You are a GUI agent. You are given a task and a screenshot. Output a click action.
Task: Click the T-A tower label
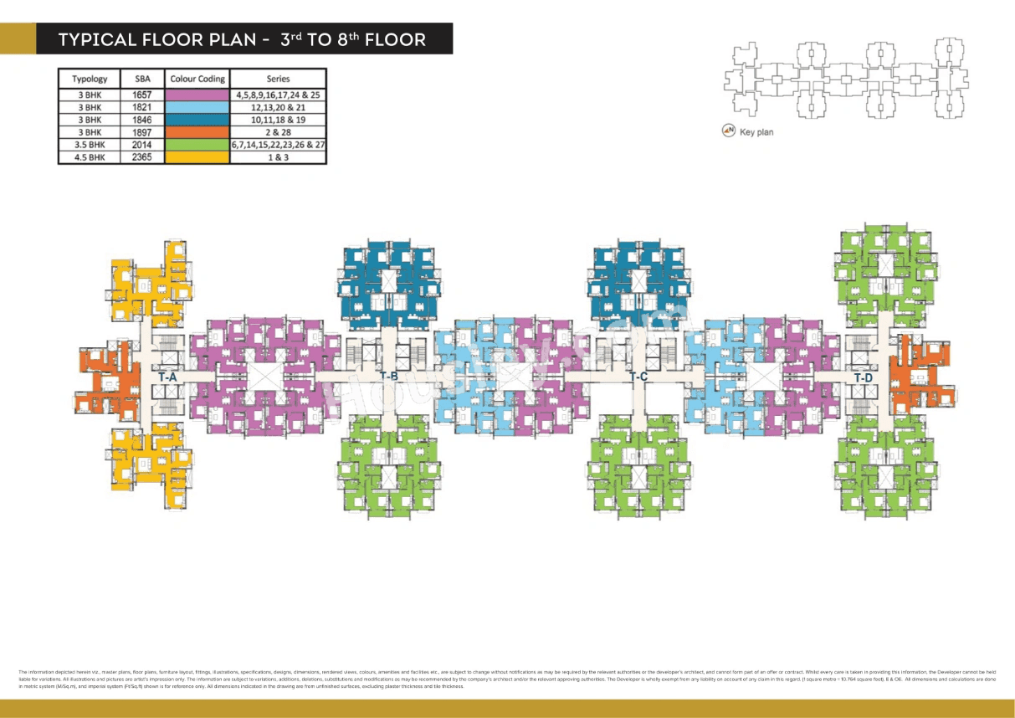coord(167,377)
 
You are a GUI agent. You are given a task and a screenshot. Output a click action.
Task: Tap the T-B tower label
coord(388,376)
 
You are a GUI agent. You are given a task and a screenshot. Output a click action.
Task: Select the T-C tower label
coord(638,377)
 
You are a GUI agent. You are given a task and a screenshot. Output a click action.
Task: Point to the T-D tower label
coord(864,378)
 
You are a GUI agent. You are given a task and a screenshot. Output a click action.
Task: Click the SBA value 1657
coord(142,95)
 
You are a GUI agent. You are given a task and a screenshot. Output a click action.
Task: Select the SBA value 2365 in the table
coord(142,156)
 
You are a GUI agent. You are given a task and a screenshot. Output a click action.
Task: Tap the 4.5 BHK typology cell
coord(89,156)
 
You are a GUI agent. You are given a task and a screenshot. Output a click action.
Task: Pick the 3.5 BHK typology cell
coord(89,144)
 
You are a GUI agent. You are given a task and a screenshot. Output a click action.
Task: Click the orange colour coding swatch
coord(197,132)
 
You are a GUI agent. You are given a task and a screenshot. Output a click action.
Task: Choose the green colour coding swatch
coord(197,144)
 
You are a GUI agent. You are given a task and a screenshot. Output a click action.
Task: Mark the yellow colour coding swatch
coord(197,156)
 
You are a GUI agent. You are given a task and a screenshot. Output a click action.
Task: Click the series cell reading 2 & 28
coord(278,132)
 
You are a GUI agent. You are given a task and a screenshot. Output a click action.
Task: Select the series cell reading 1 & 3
coord(278,156)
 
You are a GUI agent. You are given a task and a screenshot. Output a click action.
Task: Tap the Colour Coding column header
coord(197,79)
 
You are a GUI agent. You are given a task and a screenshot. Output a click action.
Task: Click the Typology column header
coord(89,79)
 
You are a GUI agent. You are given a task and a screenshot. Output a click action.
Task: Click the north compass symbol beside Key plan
coord(730,131)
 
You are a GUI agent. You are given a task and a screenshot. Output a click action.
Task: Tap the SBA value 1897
coord(142,132)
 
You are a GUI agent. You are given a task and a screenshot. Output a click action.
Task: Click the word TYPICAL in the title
coord(97,39)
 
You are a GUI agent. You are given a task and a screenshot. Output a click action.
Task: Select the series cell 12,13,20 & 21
coord(278,108)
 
